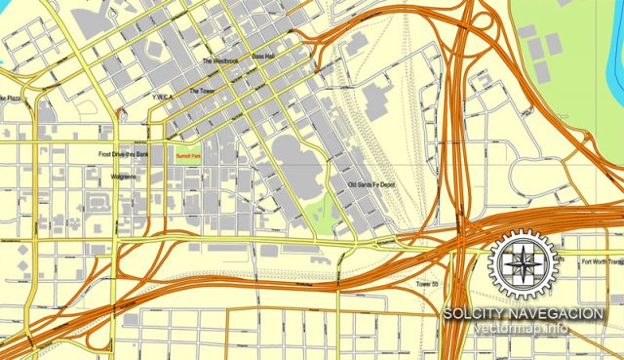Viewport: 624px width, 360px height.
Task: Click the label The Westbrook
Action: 219,61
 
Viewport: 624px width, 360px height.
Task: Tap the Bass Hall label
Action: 263,57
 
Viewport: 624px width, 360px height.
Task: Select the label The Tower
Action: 200,91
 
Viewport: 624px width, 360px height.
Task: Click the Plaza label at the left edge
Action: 9,98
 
